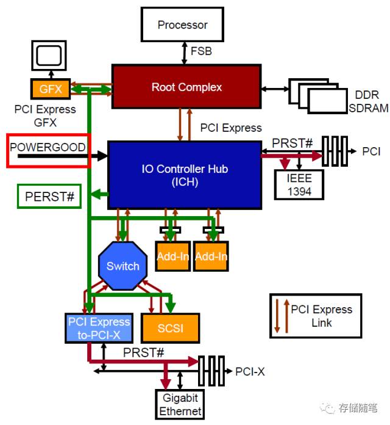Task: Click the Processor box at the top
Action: click(182, 25)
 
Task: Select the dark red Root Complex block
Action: click(186, 87)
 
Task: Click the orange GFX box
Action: click(51, 89)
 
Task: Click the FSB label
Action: click(202, 51)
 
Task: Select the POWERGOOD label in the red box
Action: click(48, 148)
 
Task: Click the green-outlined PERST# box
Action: click(49, 197)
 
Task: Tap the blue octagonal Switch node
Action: click(123, 266)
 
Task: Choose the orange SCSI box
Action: click(171, 327)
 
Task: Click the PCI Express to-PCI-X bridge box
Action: click(99, 328)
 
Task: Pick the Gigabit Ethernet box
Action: click(180, 404)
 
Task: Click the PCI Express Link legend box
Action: click(315, 316)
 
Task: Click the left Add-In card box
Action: click(173, 255)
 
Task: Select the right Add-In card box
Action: click(211, 255)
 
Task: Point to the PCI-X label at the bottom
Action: click(250, 371)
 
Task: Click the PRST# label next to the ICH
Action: click(292, 143)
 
